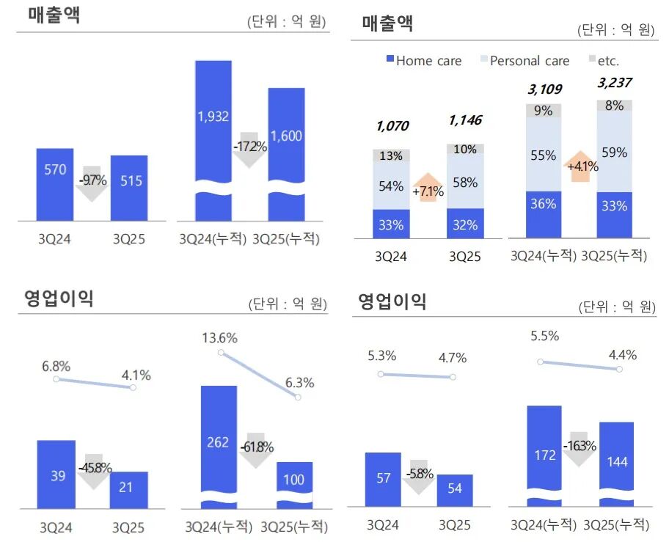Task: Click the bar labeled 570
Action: [x=54, y=183]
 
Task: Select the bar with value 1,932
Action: [x=213, y=125]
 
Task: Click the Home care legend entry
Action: [x=423, y=60]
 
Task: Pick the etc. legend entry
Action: [x=604, y=60]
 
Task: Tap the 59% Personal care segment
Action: [x=614, y=153]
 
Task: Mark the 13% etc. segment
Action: [x=391, y=155]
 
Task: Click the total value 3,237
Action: [x=614, y=83]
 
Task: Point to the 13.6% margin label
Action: [x=220, y=338]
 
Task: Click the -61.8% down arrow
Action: [x=255, y=448]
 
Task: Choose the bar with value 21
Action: [x=128, y=488]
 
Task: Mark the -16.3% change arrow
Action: [x=580, y=447]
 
